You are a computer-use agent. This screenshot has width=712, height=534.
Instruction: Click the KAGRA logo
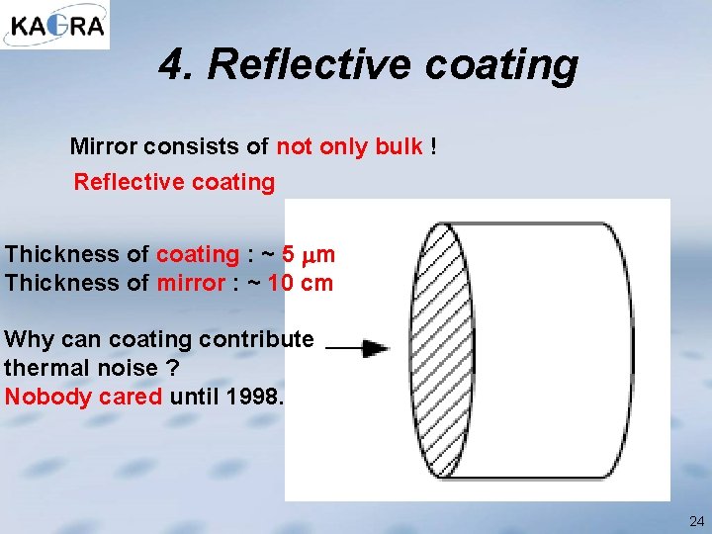[55, 25]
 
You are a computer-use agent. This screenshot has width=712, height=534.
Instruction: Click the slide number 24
[695, 520]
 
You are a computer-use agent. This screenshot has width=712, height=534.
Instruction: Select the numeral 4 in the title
[173, 65]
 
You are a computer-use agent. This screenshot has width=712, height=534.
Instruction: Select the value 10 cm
[303, 283]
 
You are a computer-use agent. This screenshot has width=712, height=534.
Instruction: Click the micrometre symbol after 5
[310, 255]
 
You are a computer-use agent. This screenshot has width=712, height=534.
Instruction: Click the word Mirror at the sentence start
[103, 147]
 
